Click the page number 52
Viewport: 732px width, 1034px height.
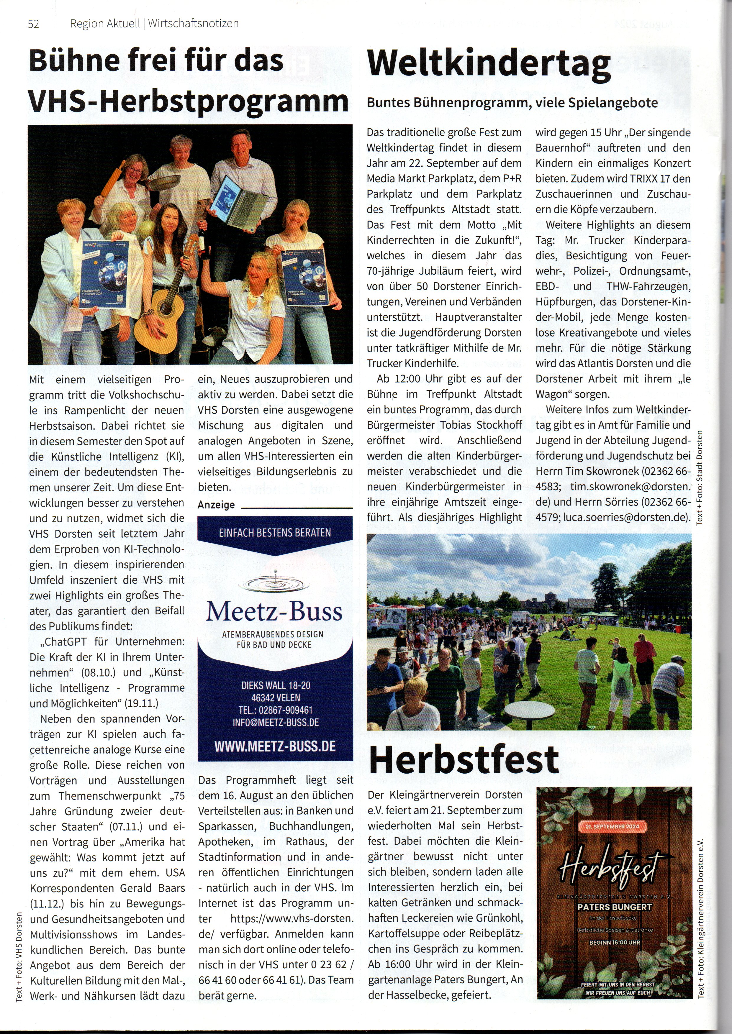33,24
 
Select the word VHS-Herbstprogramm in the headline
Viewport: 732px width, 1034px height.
189,101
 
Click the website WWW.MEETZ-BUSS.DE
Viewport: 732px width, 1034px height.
275,746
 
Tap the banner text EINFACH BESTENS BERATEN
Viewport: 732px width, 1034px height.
275,533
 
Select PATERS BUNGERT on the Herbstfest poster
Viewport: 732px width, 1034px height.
614,907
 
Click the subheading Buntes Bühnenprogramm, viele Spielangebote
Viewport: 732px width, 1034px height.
512,103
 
